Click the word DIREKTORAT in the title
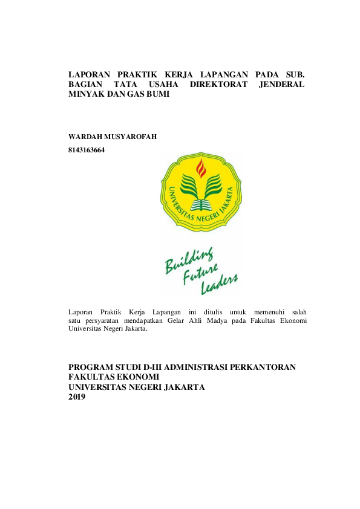click(218, 85)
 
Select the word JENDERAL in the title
click(281, 85)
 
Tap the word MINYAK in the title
click(84, 96)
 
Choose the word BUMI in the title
click(155, 96)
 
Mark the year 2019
click(77, 397)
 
